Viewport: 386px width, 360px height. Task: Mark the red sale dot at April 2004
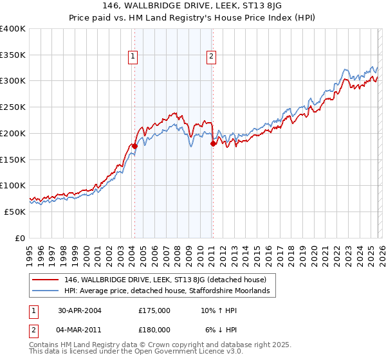134,146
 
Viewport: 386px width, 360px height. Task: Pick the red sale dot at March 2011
212,144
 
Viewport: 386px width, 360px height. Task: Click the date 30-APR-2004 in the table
79,310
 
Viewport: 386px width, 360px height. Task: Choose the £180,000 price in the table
154,329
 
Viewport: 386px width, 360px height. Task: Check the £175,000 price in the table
154,310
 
